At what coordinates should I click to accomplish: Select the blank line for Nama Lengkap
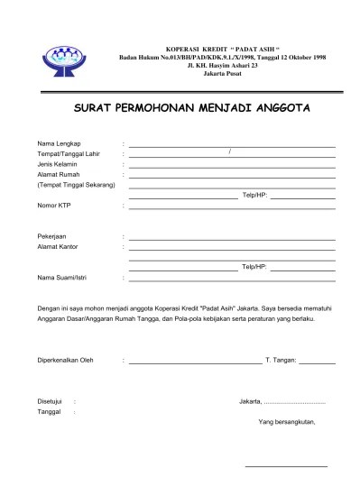coord(232,145)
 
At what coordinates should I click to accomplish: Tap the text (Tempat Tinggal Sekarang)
coord(76,186)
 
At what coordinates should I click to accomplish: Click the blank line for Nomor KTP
coord(232,207)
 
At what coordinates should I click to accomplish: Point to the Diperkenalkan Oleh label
coord(65,361)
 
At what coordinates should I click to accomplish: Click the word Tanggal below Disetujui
coord(49,411)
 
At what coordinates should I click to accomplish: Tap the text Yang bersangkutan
coord(286,421)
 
